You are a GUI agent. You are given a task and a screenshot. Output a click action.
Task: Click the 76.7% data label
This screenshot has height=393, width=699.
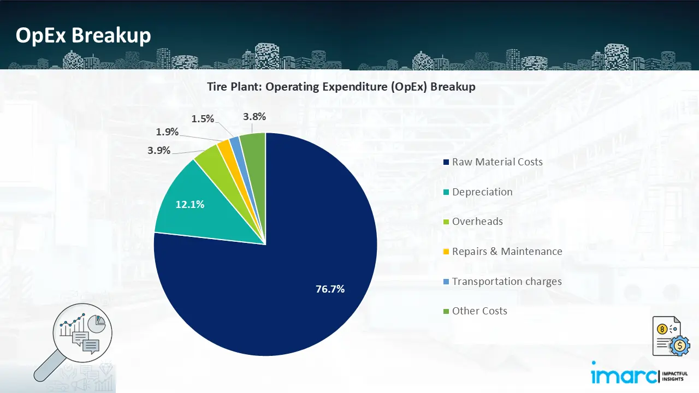point(330,289)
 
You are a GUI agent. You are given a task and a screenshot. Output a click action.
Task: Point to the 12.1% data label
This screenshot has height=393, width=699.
point(189,205)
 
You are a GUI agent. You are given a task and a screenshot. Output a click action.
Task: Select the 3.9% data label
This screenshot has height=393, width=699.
point(159,150)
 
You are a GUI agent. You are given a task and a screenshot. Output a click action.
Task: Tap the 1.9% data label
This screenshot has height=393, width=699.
point(167,132)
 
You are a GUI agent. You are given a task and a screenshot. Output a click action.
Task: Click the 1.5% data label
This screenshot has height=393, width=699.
point(203,118)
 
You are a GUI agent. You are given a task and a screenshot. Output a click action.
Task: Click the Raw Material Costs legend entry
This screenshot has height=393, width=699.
point(497,162)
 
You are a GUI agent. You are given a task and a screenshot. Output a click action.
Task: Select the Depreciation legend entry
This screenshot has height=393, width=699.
point(482,192)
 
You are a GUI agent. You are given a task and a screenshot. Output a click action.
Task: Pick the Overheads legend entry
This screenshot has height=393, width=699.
point(477,221)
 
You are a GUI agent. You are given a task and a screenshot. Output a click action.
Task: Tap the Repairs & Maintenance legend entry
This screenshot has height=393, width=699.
point(507,251)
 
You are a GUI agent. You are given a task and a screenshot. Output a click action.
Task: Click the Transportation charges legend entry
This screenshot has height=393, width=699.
point(506,281)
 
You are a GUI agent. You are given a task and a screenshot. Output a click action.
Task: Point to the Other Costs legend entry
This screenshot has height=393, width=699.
point(479,311)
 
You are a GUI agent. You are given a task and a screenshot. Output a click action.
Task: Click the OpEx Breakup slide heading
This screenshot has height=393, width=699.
point(84,35)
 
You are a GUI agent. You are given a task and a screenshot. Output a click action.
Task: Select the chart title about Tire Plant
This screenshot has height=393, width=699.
point(341,87)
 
